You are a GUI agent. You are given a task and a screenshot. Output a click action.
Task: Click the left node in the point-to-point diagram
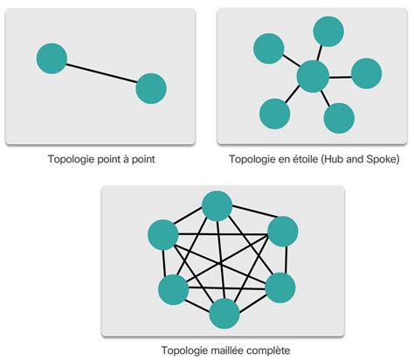[x=52, y=59]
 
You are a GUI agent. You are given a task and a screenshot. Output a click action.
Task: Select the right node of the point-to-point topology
[x=151, y=88]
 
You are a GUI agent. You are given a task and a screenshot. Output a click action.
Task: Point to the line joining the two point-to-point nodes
[x=101, y=73]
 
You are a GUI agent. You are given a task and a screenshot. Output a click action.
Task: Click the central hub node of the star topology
[x=312, y=77]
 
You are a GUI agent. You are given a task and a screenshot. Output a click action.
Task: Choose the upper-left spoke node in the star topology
[x=266, y=51]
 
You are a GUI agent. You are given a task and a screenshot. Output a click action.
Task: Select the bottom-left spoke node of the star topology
[x=274, y=113]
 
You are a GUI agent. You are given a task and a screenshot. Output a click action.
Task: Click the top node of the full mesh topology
[x=217, y=207]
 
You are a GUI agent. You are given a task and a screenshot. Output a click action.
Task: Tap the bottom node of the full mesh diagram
[x=224, y=312]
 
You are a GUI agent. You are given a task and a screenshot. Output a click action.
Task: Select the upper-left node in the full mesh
[x=163, y=234]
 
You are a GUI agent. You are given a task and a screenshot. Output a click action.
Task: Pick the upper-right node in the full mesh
[x=282, y=232]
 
